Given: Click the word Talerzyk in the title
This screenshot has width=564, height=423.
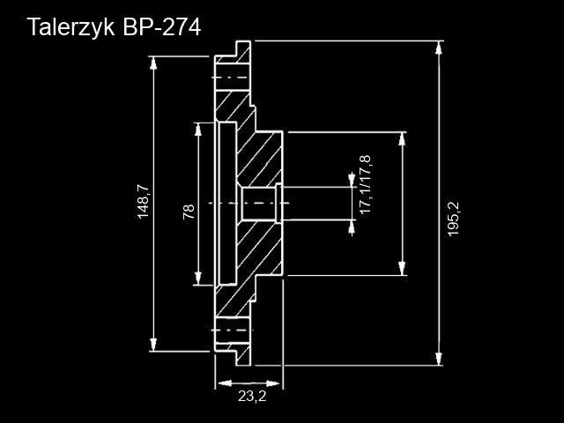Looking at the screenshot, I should [x=69, y=27].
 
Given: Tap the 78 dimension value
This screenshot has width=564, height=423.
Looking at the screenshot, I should [x=188, y=211].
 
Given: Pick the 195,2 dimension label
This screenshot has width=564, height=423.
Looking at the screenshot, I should [x=454, y=218].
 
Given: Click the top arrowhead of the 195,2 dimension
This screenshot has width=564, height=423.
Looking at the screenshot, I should [x=438, y=47].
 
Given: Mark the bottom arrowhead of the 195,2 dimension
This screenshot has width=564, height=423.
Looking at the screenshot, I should [x=438, y=359].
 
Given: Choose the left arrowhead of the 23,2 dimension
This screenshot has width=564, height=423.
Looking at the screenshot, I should [x=222, y=383].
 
